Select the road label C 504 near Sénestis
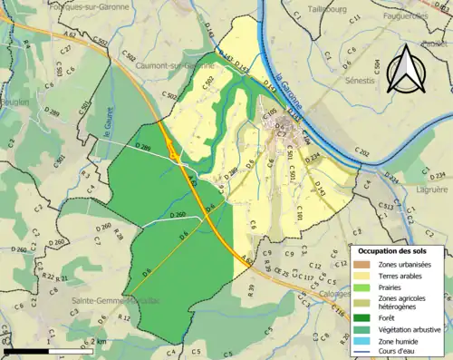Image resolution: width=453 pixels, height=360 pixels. coord(377,66)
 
